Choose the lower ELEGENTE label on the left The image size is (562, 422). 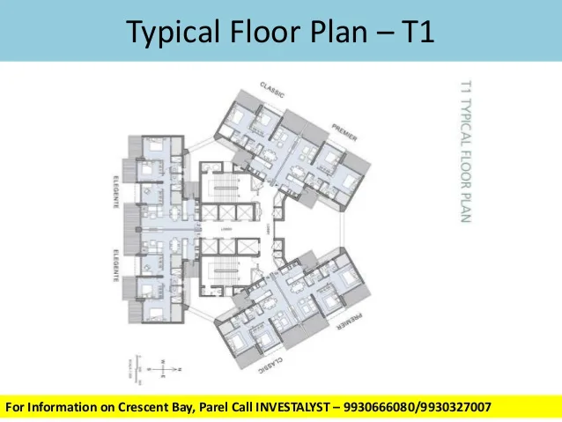click(x=115, y=263)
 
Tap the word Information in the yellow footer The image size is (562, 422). click(x=58, y=407)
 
